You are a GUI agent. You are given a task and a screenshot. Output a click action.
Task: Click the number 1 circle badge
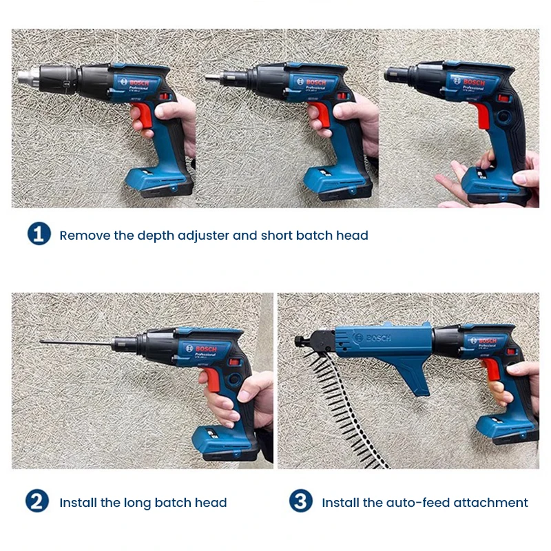click(39, 234)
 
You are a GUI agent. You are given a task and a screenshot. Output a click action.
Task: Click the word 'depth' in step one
click(156, 236)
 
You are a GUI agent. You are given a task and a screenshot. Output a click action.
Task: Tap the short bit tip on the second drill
click(209, 77)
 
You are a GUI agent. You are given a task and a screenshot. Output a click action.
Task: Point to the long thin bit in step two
click(76, 342)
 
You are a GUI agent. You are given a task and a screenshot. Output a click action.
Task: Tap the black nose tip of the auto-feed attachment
click(300, 340)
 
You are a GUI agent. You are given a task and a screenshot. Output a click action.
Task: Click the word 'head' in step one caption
click(353, 236)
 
